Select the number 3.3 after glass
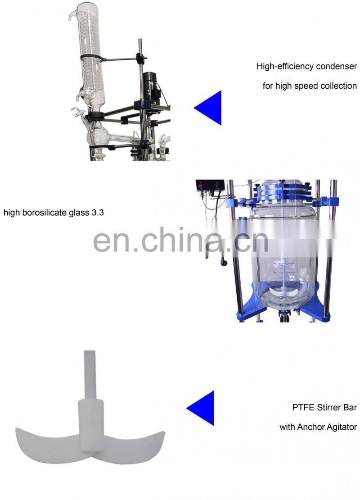pyautogui.click(x=98, y=213)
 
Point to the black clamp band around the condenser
pyautogui.click(x=92, y=58)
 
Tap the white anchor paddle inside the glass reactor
pyautogui.click(x=283, y=291)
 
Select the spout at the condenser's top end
pyautogui.click(x=72, y=15)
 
